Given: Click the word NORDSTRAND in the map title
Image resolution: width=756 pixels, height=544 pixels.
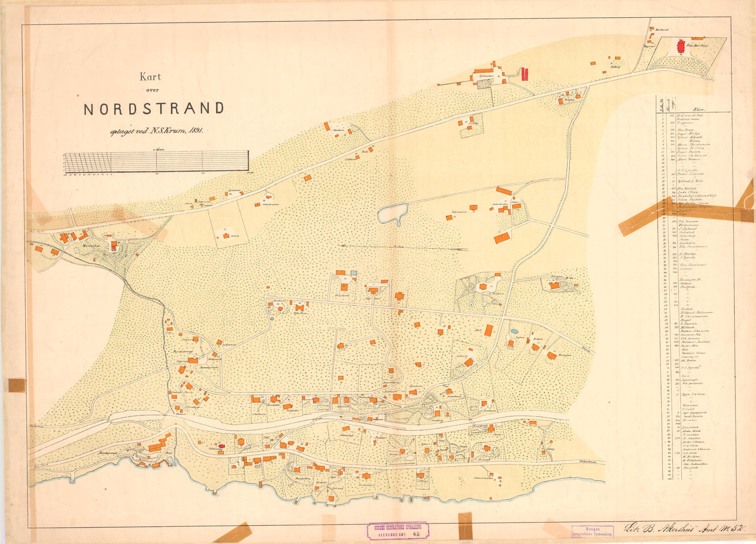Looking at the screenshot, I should point(154,108).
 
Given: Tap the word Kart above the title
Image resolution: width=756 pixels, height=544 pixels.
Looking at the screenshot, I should point(150,77).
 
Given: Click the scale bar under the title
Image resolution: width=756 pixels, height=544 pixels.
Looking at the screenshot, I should point(156,161).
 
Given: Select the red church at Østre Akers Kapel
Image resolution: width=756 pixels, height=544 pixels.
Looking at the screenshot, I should point(681,47).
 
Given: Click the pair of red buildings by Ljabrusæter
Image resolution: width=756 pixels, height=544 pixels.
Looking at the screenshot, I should point(525,74).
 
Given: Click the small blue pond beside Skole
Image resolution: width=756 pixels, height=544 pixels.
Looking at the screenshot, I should point(514,331).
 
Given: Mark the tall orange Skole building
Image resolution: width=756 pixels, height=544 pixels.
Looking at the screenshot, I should point(489,330).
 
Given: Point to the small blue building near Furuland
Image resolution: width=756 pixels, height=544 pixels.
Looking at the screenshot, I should point(354,273).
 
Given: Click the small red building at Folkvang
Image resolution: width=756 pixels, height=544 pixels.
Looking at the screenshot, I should point(221,446).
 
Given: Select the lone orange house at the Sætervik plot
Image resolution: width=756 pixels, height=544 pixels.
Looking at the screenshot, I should point(226,236).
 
